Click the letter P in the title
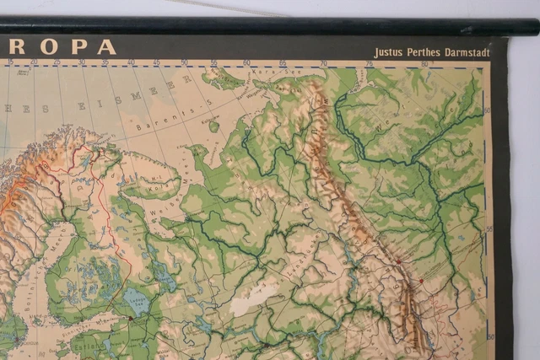pyautogui.click(x=78, y=46)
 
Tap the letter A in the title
pyautogui.click(x=106, y=46)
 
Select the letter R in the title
pyautogui.click(x=17, y=46)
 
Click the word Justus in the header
pyautogui.click(x=388, y=52)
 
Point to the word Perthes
pyautogui.click(x=427, y=52)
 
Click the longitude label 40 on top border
pyautogui.click(x=131, y=62)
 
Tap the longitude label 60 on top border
pyautogui.click(x=246, y=62)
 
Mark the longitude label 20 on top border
pyautogui.click(x=34, y=62)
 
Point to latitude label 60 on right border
pyautogui.click(x=488, y=109)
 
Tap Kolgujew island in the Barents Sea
pyautogui.click(x=213, y=126)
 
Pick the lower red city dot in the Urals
pyautogui.click(x=419, y=281)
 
